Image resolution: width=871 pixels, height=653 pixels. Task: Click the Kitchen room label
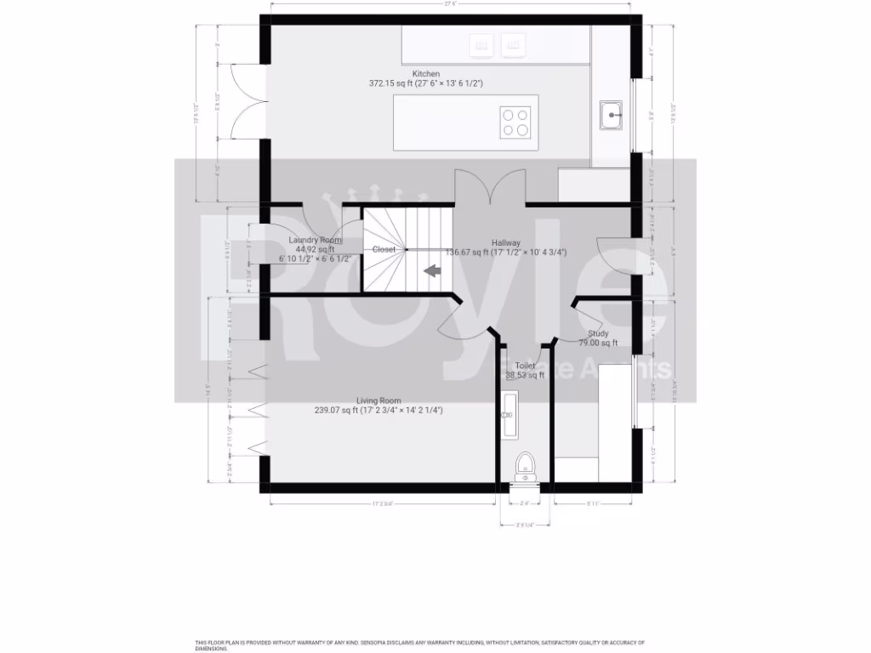[x=426, y=74]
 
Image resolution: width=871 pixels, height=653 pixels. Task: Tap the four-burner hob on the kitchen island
[x=515, y=122]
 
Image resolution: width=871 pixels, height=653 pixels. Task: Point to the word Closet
[x=384, y=249]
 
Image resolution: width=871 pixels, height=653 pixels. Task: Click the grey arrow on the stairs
[x=432, y=271]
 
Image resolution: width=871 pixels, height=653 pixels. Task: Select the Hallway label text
[x=506, y=242]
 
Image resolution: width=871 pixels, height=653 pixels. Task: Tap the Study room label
[x=597, y=333]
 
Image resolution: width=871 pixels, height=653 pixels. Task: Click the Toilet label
[x=525, y=366]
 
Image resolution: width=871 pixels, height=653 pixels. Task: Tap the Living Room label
[x=379, y=400]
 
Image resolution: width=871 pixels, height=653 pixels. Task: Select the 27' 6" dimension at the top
[x=451, y=4]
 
